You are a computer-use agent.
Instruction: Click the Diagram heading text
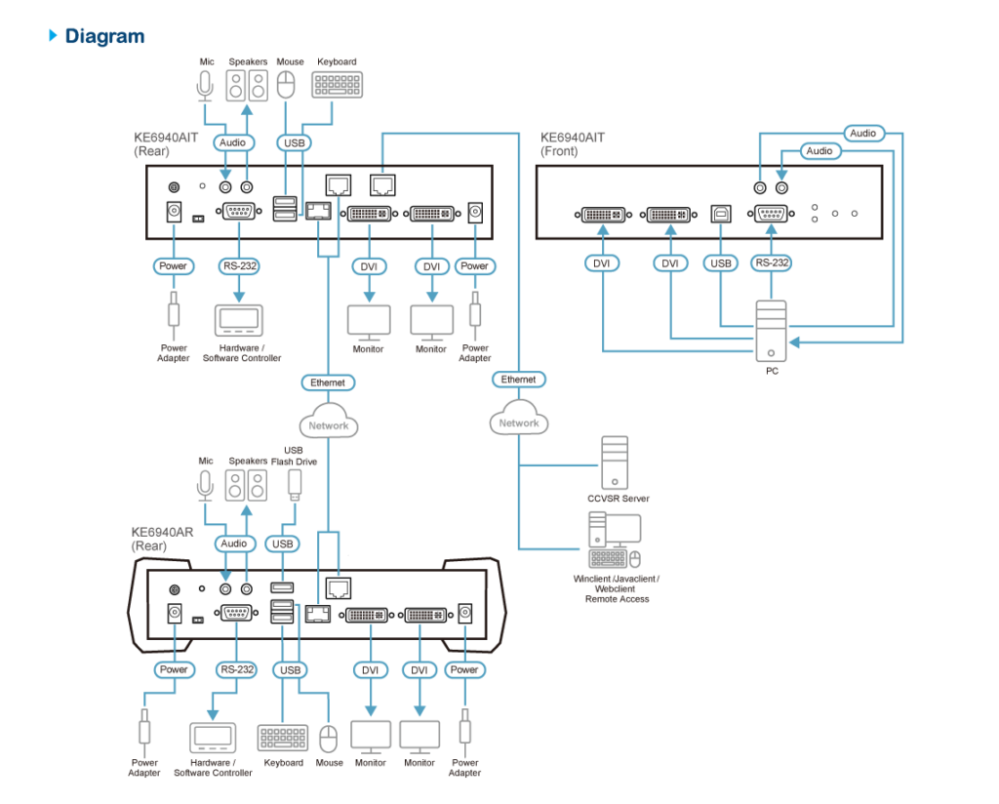(104, 36)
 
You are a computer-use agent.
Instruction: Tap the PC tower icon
(771, 331)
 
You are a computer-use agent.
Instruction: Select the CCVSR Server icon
(615, 462)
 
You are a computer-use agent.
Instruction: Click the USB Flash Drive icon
(295, 486)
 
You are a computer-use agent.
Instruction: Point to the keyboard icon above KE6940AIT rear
(337, 85)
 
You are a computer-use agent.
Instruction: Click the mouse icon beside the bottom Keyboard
(328, 739)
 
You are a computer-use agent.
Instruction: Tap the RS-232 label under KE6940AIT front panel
(772, 262)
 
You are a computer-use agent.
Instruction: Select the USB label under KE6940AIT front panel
(721, 263)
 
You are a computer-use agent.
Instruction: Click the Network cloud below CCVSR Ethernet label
(519, 419)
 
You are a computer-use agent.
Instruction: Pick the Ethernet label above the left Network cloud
(328, 382)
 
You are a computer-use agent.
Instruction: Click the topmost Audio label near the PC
(862, 133)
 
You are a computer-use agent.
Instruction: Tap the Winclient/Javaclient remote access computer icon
(615, 539)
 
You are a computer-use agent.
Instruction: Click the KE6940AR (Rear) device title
(163, 539)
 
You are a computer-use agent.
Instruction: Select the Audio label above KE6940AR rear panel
(234, 543)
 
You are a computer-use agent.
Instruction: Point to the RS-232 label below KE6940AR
(236, 669)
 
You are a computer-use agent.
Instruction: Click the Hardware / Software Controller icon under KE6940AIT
(239, 320)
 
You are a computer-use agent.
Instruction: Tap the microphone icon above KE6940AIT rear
(205, 85)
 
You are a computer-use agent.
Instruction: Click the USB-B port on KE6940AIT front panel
(721, 214)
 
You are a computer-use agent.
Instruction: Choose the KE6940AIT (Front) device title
(572, 144)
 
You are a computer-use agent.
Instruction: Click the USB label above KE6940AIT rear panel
(294, 142)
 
